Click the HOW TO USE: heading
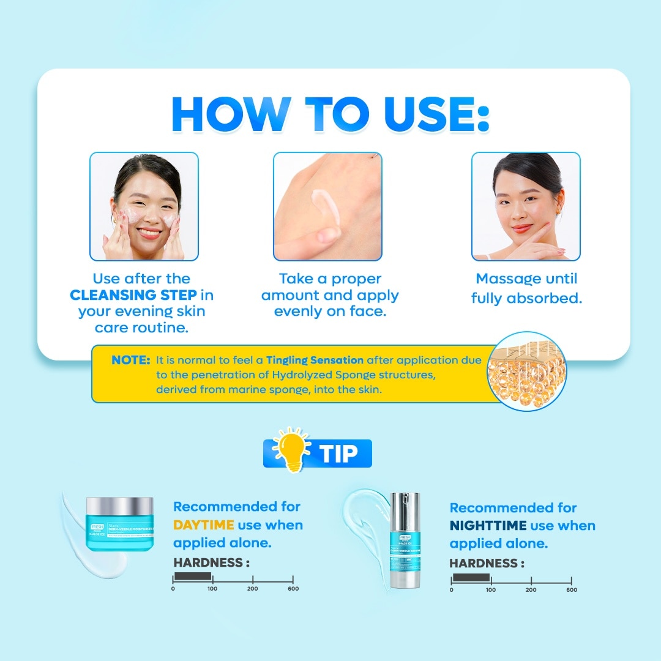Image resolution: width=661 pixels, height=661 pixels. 330,113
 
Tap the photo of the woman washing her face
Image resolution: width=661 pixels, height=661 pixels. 144,206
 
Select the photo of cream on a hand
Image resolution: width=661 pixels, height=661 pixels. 327,206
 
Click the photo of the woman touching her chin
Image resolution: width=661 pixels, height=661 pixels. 526,206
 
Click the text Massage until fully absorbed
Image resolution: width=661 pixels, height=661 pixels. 526,288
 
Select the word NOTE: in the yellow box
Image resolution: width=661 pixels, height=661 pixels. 130,360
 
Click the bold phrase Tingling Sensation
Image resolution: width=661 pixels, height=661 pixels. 315,360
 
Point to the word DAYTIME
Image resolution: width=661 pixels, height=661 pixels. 204,525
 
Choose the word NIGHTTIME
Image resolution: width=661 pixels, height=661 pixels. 487,526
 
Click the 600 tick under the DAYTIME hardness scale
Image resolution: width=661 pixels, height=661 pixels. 293,588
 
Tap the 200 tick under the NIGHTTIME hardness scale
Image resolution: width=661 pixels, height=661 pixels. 531,589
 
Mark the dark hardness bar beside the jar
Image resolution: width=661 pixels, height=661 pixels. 193,577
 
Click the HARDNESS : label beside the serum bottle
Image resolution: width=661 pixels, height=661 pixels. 487,564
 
